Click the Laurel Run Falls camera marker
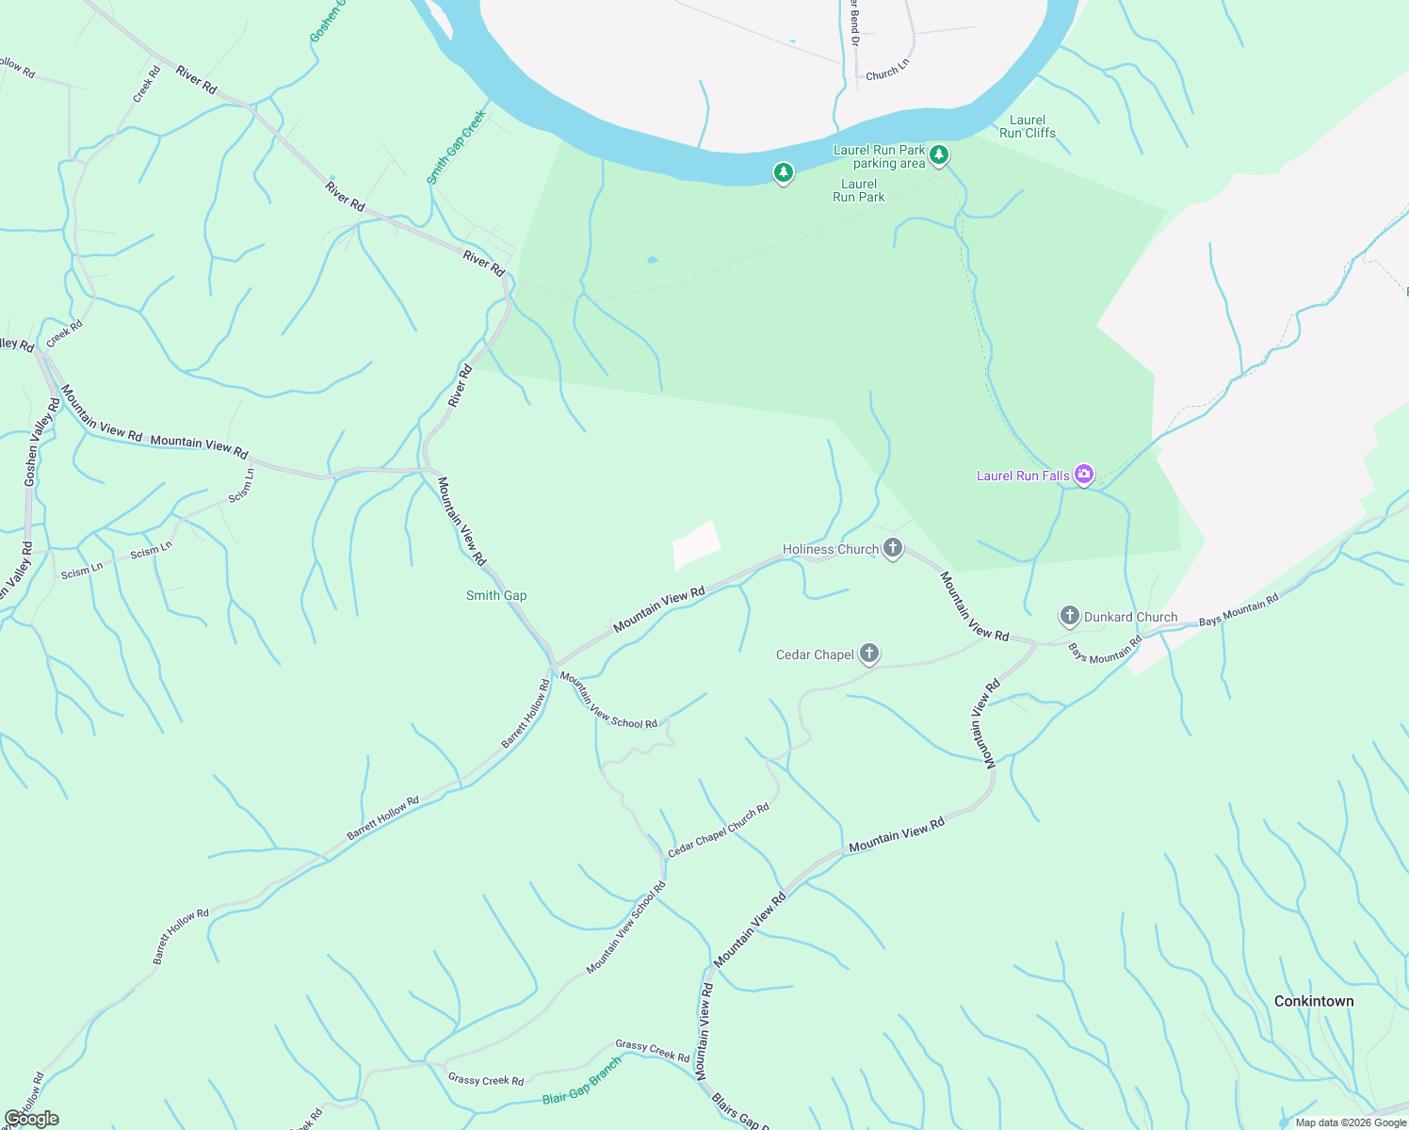click(1084, 474)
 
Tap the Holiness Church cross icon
click(893, 548)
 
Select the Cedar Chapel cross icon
click(869, 654)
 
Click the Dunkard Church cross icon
click(1069, 617)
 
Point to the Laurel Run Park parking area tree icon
click(938, 155)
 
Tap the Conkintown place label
click(1314, 1001)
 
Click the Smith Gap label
click(496, 595)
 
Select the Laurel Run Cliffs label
click(1028, 126)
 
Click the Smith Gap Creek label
click(457, 147)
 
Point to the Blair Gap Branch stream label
click(582, 1081)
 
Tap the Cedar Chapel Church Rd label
click(719, 830)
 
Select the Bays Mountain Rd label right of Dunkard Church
click(1239, 609)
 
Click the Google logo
click(31, 1119)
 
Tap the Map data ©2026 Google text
click(1351, 1122)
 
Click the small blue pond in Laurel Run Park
click(653, 260)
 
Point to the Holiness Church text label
click(831, 549)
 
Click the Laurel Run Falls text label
click(1023, 476)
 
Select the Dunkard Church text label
click(1130, 617)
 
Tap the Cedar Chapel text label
click(815, 654)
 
